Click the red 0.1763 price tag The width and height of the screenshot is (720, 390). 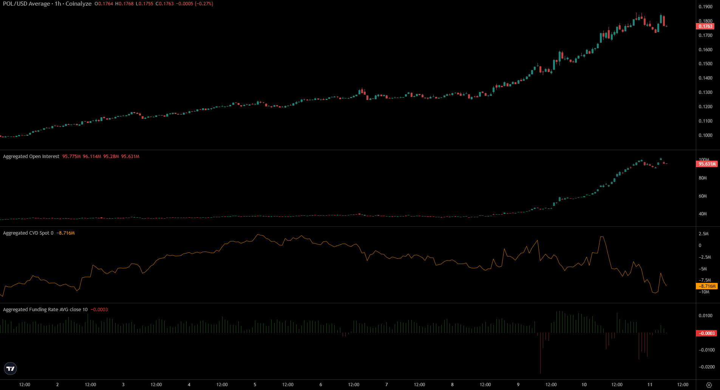(x=705, y=26)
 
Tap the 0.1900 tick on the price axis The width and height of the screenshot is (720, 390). (x=705, y=7)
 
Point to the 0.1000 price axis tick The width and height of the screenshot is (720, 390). (x=705, y=135)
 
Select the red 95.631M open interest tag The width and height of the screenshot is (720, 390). (x=707, y=164)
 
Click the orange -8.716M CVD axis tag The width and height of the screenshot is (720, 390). (x=707, y=286)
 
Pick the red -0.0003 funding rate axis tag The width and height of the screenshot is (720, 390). (x=706, y=333)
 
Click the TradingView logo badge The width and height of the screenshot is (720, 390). (x=11, y=369)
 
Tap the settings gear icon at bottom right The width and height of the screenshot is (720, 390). (x=709, y=385)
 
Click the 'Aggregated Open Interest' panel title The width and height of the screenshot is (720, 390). (x=31, y=157)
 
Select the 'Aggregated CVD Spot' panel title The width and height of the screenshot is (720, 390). (x=26, y=233)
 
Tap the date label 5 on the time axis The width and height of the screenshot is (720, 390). (x=255, y=385)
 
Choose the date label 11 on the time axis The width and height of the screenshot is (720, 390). (x=650, y=385)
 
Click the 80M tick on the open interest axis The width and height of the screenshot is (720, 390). (x=703, y=178)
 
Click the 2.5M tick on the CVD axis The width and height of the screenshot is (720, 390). (x=703, y=234)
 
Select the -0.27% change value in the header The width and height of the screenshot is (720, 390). (x=204, y=4)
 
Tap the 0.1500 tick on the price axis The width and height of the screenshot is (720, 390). (x=705, y=64)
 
